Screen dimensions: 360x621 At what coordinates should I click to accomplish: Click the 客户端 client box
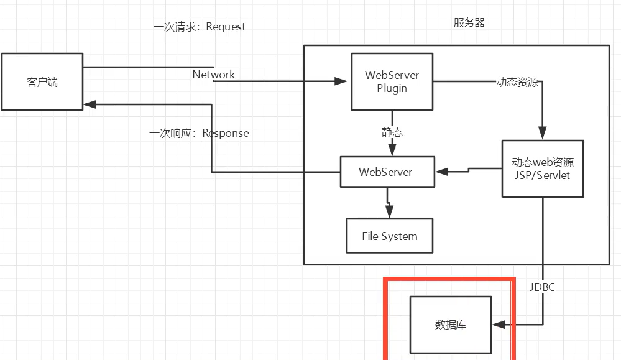[x=42, y=81]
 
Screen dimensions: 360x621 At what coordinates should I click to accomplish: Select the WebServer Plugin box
[x=392, y=81]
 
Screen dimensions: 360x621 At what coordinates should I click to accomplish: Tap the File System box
[x=390, y=236]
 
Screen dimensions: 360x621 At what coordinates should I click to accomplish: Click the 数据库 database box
[x=450, y=325]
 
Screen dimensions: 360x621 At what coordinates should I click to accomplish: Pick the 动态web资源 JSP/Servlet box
[x=542, y=168]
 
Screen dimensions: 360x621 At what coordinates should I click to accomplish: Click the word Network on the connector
[x=214, y=75]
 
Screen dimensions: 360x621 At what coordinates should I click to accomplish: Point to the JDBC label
[x=542, y=287]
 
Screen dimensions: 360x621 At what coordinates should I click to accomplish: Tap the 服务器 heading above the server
[x=469, y=24]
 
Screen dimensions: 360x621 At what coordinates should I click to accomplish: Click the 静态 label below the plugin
[x=392, y=132]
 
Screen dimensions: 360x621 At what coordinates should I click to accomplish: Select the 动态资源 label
[x=517, y=82]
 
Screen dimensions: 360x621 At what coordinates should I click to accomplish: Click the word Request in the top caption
[x=226, y=27]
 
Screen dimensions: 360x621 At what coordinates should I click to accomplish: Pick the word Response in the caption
[x=226, y=133]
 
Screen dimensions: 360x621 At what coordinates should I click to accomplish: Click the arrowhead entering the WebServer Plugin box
[x=341, y=81]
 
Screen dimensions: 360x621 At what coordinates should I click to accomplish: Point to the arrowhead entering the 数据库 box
[x=498, y=325]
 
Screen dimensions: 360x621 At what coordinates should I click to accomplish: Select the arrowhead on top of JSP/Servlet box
[x=542, y=134]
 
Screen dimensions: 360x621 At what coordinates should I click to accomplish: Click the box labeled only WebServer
[x=386, y=172]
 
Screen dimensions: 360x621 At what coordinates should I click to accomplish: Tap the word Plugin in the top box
[x=392, y=88]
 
